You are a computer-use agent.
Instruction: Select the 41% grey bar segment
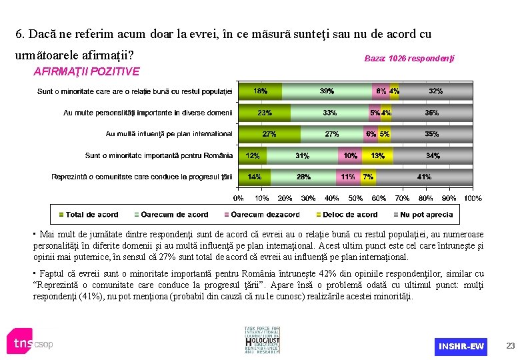[x=425, y=177]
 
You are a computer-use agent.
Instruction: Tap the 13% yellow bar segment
[x=377, y=156]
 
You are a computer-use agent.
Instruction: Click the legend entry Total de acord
[x=88, y=215]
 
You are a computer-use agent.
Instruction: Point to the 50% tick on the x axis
[x=355, y=198]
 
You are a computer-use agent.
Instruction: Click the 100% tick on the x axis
[x=473, y=198]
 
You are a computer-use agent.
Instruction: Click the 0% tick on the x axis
[x=238, y=198]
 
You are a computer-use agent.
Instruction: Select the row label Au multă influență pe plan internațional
[x=169, y=134]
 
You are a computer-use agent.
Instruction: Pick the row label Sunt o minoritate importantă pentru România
[x=159, y=156]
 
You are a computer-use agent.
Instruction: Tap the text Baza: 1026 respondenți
[x=409, y=59]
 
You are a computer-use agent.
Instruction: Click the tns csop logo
[x=30, y=343]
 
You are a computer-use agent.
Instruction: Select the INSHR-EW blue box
[x=461, y=347]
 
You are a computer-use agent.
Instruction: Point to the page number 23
[x=511, y=345]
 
